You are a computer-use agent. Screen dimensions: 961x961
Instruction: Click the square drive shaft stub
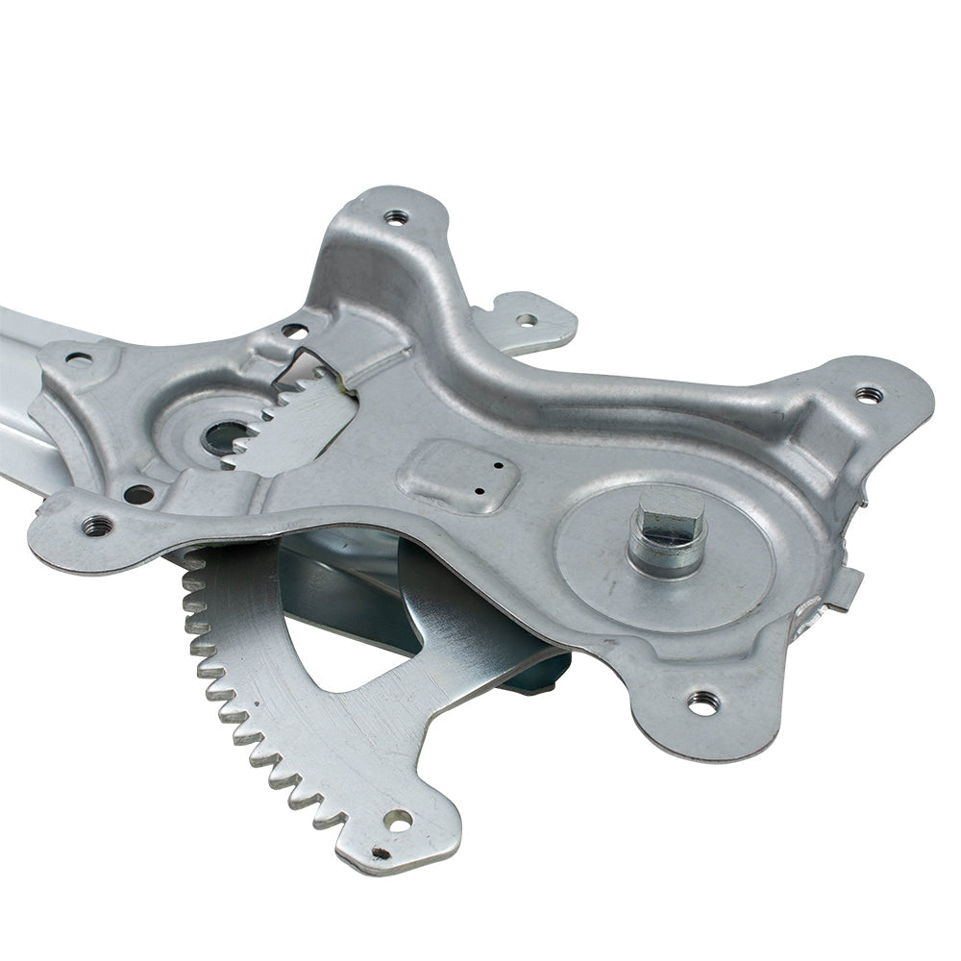coord(669,519)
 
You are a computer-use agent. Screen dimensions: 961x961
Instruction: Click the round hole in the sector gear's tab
coord(398,820)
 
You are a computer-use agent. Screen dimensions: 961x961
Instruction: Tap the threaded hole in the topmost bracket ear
coord(396,218)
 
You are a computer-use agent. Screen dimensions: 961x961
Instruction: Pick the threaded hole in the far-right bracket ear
coord(867,394)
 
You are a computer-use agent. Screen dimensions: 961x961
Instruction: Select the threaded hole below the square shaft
coord(702,703)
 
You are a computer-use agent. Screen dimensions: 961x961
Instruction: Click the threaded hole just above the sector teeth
coord(98,525)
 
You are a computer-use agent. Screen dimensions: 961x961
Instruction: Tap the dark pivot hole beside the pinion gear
coord(223,438)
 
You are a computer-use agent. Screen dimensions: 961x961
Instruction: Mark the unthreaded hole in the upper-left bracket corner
coord(79,360)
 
